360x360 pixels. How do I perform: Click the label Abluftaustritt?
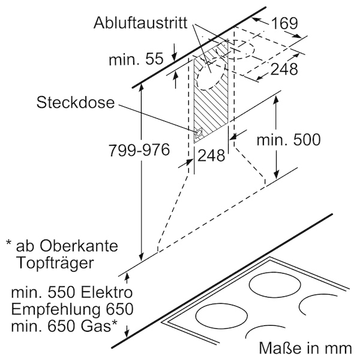(140, 23)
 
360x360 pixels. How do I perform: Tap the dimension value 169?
(284, 23)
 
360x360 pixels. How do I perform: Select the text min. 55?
(136, 59)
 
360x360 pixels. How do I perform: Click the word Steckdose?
(76, 103)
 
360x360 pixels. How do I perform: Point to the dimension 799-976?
(139, 150)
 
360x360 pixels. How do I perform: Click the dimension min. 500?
(289, 140)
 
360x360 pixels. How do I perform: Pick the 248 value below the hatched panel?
(211, 155)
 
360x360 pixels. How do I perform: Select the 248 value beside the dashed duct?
(284, 68)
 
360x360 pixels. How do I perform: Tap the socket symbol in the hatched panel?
(199, 133)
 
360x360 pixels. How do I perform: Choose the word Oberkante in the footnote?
(79, 246)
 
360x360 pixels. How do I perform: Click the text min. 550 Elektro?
(72, 293)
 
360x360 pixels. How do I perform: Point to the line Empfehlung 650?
(72, 309)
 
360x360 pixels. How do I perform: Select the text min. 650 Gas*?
(64, 326)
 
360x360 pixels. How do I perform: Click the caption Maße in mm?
(305, 348)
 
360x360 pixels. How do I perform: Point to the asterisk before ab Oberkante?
(8, 242)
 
